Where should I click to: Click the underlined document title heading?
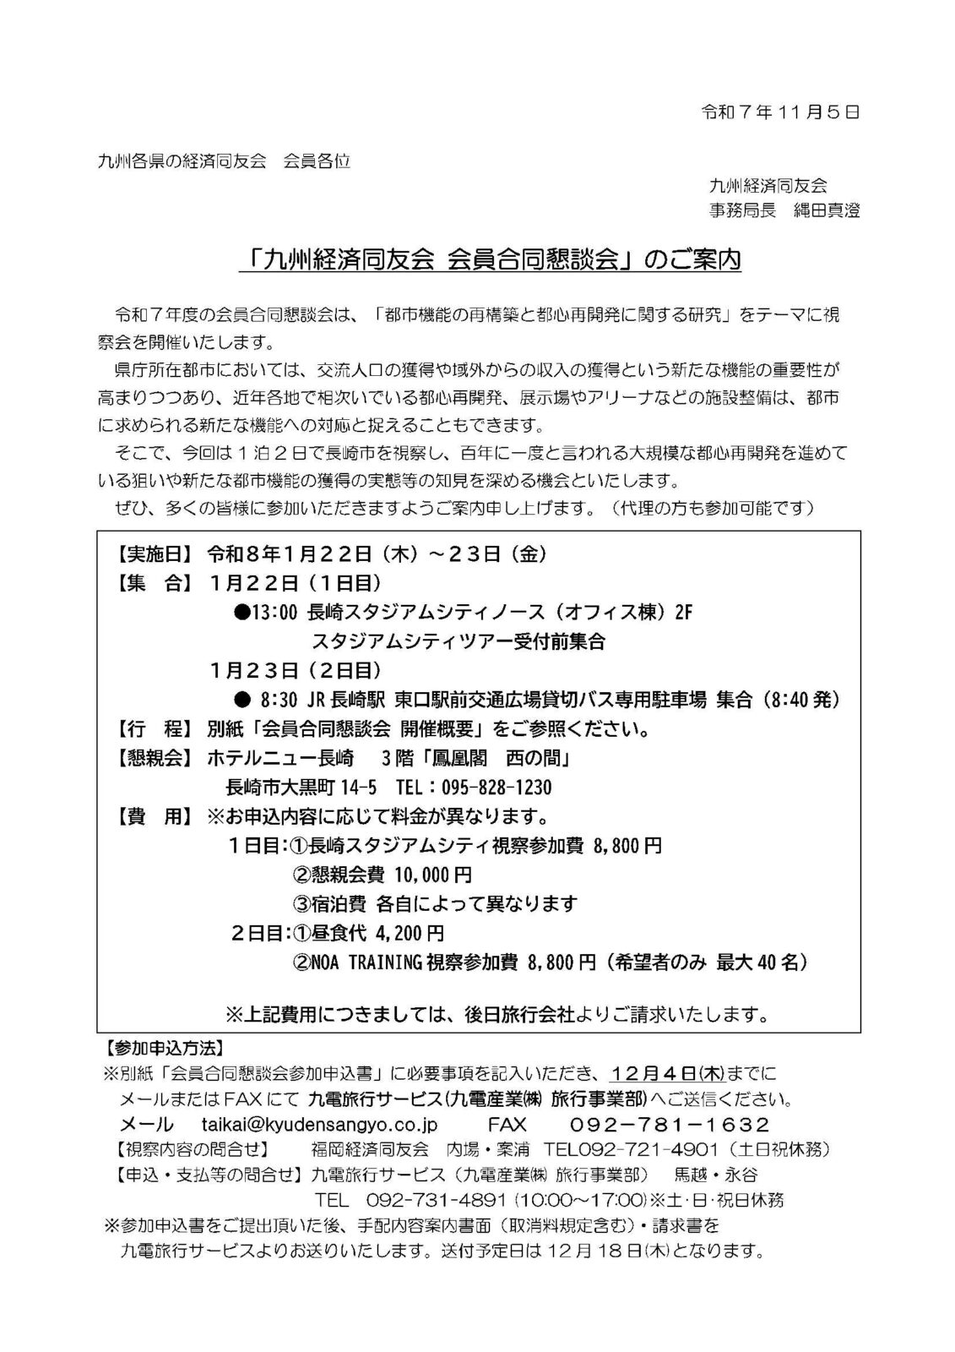[490, 260]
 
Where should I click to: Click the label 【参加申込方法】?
[163, 1049]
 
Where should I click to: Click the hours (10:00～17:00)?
[580, 1201]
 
